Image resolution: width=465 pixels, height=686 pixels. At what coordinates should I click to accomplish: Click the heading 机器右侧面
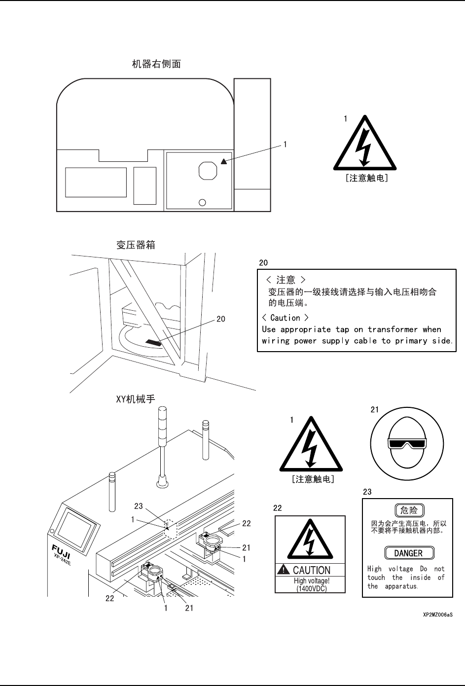click(x=156, y=64)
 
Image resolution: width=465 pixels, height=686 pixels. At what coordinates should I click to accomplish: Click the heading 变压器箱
click(x=136, y=245)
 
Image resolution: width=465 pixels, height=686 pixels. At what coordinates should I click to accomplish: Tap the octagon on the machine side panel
click(x=208, y=171)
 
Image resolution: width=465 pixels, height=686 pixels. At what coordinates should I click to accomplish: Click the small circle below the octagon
click(x=202, y=203)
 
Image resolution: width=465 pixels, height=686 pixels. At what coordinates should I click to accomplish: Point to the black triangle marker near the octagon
click(x=224, y=161)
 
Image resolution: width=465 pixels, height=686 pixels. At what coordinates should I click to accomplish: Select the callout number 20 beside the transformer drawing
click(x=221, y=319)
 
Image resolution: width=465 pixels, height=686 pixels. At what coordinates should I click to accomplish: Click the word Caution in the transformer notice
click(x=285, y=318)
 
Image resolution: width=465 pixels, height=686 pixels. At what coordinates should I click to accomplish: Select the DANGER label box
click(x=408, y=553)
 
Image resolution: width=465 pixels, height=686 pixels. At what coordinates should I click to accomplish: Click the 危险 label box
click(x=409, y=510)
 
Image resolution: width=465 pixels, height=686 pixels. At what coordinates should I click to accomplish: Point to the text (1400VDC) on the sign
click(x=311, y=588)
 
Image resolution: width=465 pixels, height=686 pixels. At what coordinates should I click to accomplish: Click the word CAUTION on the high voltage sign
click(x=312, y=571)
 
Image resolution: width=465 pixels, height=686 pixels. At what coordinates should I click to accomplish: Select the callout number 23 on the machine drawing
click(x=139, y=506)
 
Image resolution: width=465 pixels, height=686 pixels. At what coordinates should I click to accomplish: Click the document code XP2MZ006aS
click(x=437, y=615)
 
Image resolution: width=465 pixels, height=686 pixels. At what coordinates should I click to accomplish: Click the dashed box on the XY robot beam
click(x=170, y=528)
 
